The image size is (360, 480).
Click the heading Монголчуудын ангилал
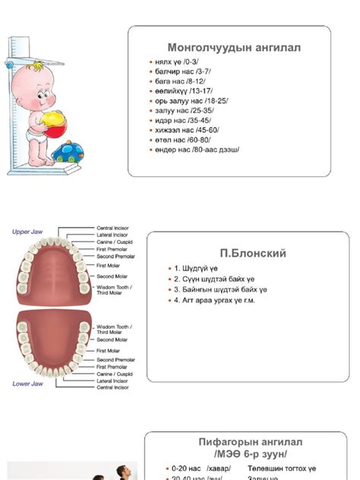[x=233, y=47]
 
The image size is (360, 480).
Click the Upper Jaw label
[x=27, y=232]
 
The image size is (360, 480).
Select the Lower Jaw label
[x=27, y=384]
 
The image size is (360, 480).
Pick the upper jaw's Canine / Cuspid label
[x=114, y=242]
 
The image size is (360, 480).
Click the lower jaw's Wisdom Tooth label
[x=114, y=329]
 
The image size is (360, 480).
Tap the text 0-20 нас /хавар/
[x=201, y=469]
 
